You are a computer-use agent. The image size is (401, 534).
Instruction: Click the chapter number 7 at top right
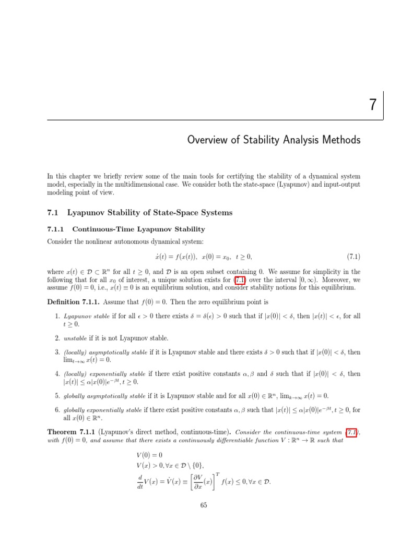pyautogui.click(x=373, y=105)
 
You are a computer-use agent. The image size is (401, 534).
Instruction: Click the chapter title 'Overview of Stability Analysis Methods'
pyautogui.click(x=274, y=140)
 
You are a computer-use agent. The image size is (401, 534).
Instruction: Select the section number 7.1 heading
pyautogui.click(x=54, y=212)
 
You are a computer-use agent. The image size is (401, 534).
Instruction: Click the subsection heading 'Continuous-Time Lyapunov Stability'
pyautogui.click(x=138, y=229)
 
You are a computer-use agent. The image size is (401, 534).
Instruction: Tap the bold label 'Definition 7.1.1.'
pyautogui.click(x=73, y=302)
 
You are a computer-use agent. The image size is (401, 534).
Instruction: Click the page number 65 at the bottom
pyautogui.click(x=204, y=505)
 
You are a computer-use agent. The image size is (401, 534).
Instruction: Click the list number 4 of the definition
pyautogui.click(x=57, y=374)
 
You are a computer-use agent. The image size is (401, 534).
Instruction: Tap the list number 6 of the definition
pyautogui.click(x=57, y=410)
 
